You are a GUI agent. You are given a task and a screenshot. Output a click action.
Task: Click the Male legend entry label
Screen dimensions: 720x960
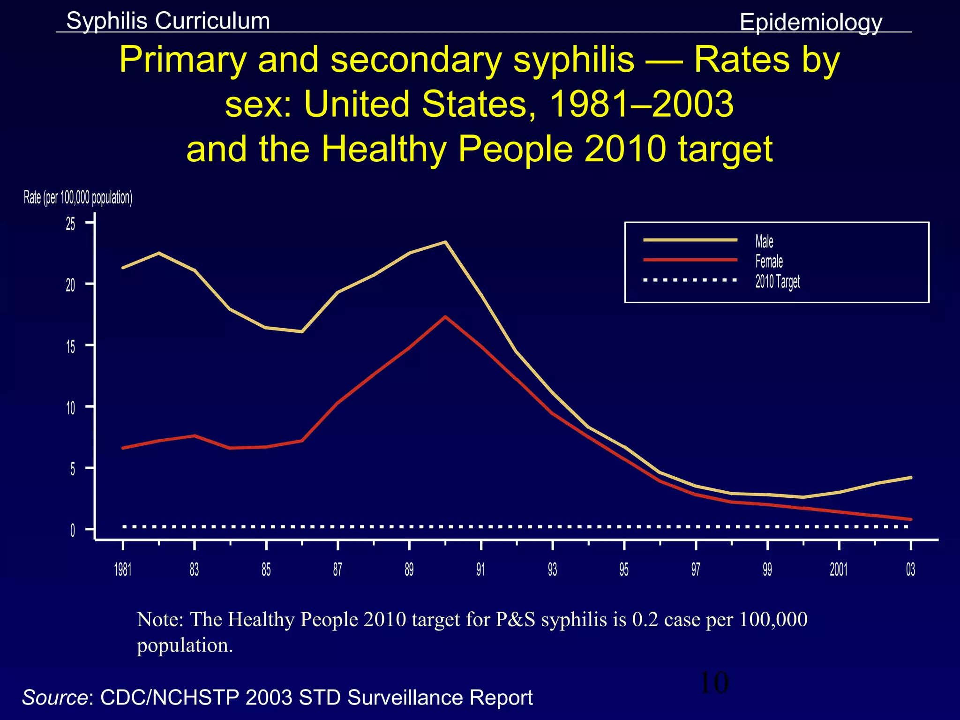pyautogui.click(x=764, y=241)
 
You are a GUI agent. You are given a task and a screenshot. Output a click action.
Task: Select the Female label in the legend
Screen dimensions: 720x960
pyautogui.click(x=769, y=261)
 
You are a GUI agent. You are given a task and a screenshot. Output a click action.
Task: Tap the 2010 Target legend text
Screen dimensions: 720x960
pyautogui.click(x=777, y=281)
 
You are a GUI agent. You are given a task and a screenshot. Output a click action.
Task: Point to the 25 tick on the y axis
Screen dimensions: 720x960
pyautogui.click(x=70, y=224)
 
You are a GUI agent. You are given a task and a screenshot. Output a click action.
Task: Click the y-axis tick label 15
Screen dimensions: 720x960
pyautogui.click(x=70, y=347)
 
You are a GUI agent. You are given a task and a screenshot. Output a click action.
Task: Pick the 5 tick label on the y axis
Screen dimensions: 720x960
pyautogui.click(x=72, y=469)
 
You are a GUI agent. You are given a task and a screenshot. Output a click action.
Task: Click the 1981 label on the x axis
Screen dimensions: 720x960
pyautogui.click(x=123, y=570)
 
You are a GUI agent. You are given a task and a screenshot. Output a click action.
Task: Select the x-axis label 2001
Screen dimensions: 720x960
pyautogui.click(x=839, y=570)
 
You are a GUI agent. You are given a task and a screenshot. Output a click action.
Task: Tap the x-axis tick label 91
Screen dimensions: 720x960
pyautogui.click(x=480, y=570)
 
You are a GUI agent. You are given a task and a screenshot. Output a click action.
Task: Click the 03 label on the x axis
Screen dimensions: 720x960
pyautogui.click(x=910, y=570)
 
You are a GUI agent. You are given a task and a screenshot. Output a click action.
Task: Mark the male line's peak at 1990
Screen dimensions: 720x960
pyautogui.click(x=445, y=242)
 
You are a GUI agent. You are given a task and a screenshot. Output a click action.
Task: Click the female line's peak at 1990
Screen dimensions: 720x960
pyautogui.click(x=445, y=316)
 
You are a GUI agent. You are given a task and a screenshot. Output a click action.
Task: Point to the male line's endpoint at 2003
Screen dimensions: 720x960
pyautogui.click(x=910, y=478)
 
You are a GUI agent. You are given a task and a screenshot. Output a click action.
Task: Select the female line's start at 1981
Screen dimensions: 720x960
pyautogui.click(x=123, y=448)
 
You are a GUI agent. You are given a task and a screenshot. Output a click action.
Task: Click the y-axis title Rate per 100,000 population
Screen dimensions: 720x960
pyautogui.click(x=78, y=198)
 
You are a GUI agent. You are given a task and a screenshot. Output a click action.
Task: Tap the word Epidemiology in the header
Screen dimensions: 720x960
pyautogui.click(x=810, y=22)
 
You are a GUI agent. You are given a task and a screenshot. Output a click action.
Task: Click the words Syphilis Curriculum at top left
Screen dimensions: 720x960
pyautogui.click(x=168, y=21)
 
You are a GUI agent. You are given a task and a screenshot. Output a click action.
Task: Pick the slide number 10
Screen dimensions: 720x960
pyautogui.click(x=714, y=683)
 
